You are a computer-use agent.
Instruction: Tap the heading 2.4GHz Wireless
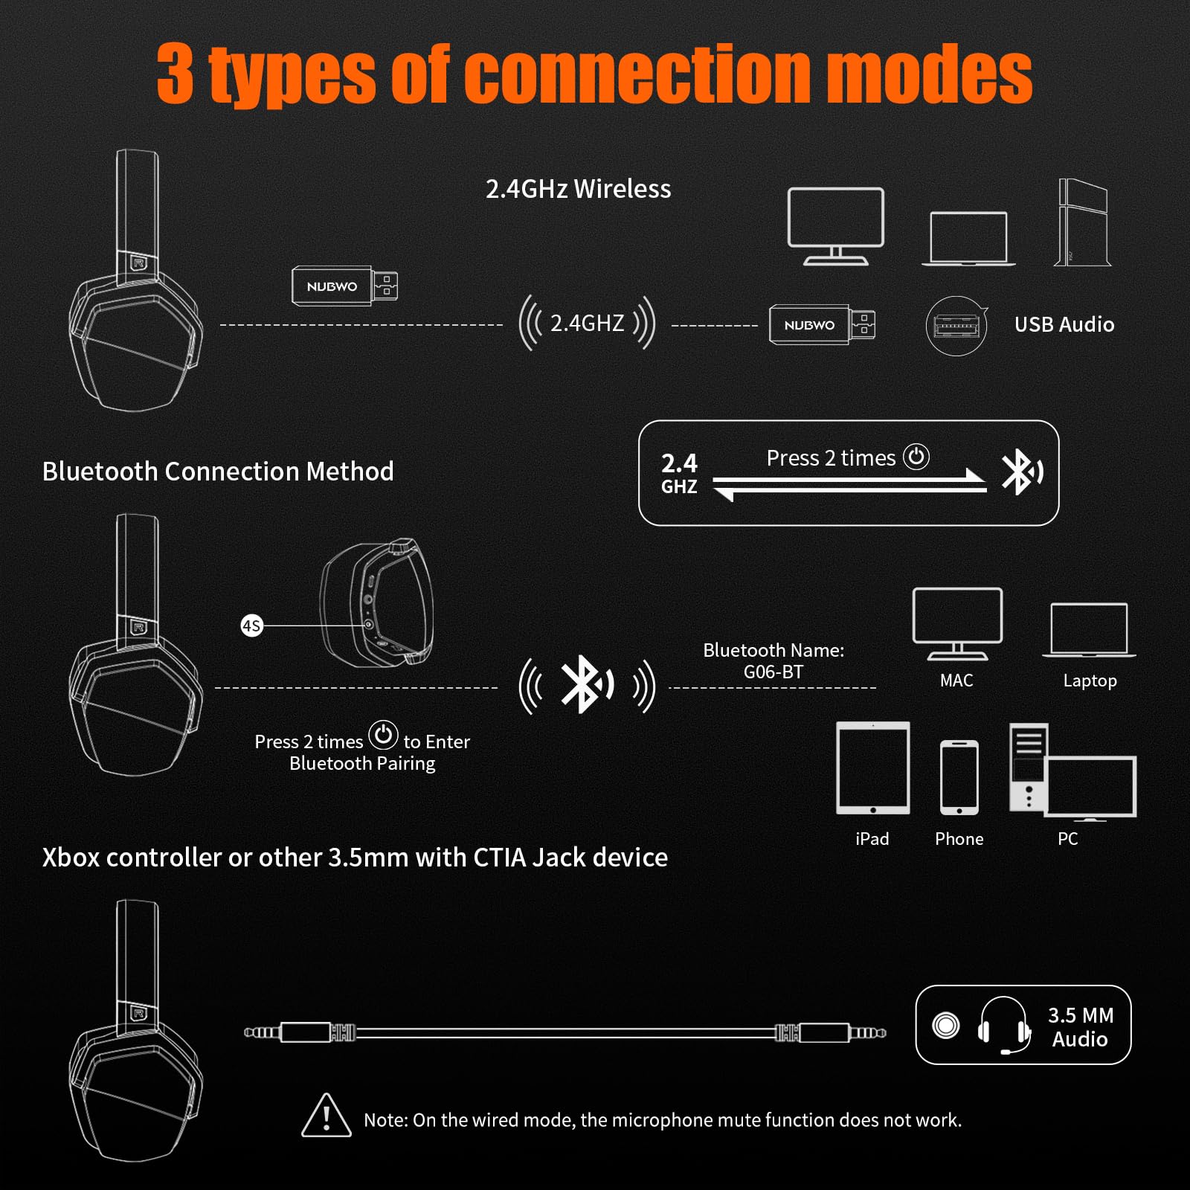click(x=578, y=189)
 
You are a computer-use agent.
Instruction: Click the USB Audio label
click(x=1064, y=324)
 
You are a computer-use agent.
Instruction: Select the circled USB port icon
click(x=956, y=326)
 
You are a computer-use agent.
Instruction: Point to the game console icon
click(x=1083, y=222)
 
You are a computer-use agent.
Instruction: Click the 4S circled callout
click(x=252, y=625)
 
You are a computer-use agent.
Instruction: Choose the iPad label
click(x=872, y=839)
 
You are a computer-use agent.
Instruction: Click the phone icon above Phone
click(x=959, y=777)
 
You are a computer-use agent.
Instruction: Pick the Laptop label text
click(x=1090, y=681)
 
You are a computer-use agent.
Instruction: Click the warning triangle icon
click(x=327, y=1116)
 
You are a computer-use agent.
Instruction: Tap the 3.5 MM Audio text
click(x=1081, y=1026)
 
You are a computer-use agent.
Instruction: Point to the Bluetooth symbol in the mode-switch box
click(x=1020, y=472)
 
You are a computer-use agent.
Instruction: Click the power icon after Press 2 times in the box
click(x=916, y=457)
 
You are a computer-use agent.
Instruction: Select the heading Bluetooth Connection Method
click(x=218, y=472)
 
